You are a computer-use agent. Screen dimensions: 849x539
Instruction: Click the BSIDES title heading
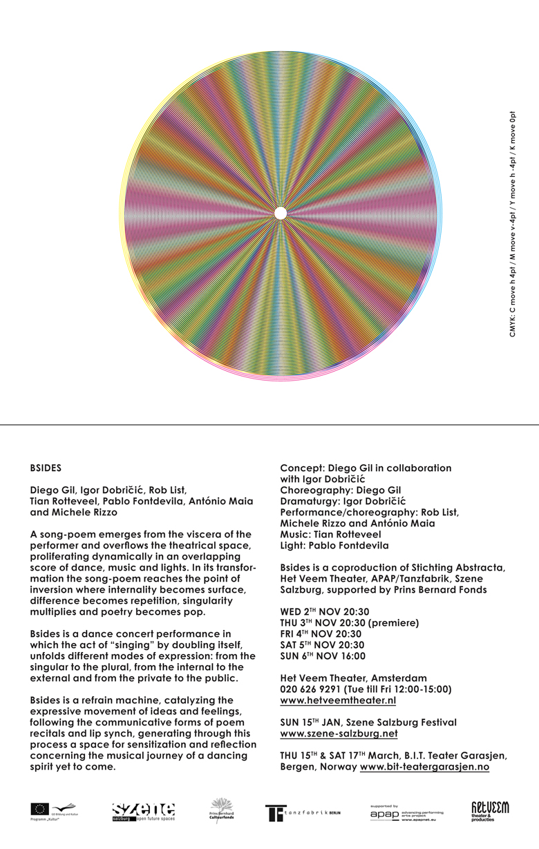tap(46, 468)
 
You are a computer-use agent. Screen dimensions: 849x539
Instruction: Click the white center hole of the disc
tap(280, 213)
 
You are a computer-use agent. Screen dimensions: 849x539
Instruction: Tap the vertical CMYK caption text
tap(513, 224)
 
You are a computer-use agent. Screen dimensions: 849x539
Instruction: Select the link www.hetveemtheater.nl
tap(338, 700)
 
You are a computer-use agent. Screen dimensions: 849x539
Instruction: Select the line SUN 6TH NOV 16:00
tap(323, 656)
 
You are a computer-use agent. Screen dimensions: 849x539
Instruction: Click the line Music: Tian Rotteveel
tap(330, 535)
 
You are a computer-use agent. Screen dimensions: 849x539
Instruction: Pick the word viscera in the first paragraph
tap(180, 535)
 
